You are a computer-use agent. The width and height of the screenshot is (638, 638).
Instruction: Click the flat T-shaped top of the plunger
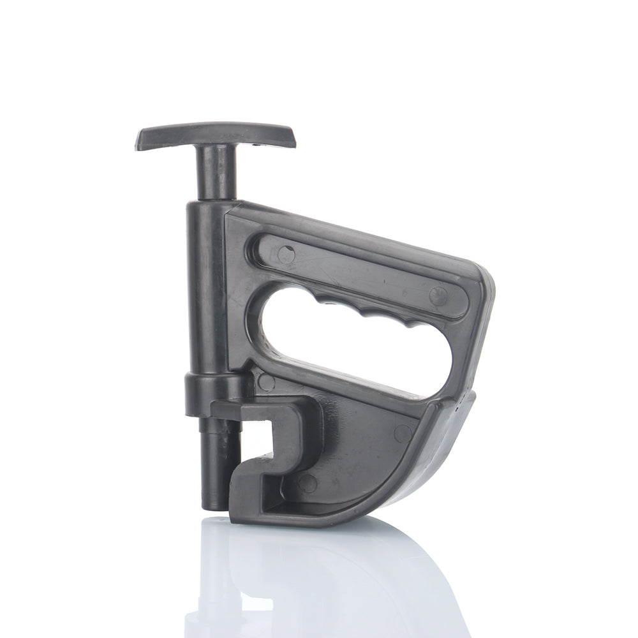216,135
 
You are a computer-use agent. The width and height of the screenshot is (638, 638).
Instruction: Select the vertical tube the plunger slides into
204,287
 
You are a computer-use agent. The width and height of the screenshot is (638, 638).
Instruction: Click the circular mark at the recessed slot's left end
286,255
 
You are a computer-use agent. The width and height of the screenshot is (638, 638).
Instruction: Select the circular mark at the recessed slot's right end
438,295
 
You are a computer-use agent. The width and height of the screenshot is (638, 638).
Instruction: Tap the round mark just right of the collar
267,382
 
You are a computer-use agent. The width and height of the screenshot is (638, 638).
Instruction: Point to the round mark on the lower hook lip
308,483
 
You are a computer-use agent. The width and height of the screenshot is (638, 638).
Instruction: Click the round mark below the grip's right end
403,433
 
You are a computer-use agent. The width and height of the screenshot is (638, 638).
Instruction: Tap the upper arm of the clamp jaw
268,412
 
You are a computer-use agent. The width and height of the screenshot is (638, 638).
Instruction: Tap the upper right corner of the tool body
485,281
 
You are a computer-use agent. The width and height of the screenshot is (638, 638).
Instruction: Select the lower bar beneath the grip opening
357,389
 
